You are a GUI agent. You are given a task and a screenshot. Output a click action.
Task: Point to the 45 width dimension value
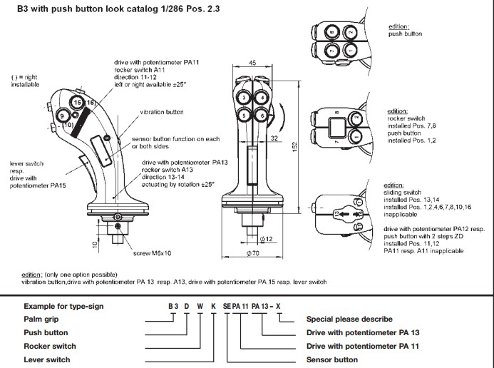254,63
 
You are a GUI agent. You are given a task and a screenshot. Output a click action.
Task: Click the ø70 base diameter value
252,253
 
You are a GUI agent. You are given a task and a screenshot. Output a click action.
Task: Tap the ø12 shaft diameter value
269,238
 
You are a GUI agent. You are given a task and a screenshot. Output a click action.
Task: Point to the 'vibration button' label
162,113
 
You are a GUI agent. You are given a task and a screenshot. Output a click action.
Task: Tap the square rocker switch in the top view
337,128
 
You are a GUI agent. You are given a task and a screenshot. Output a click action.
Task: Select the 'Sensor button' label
332,359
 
